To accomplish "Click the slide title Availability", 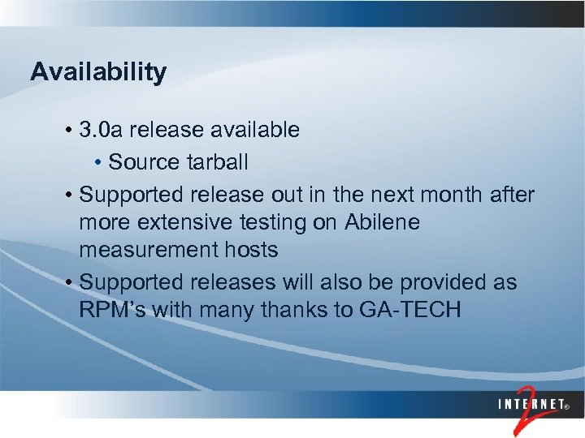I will (98, 72).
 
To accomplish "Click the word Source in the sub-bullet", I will (143, 162).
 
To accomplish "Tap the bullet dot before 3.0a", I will (72, 130).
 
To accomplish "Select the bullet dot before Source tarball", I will (99, 163).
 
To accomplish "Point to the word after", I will (512, 195).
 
